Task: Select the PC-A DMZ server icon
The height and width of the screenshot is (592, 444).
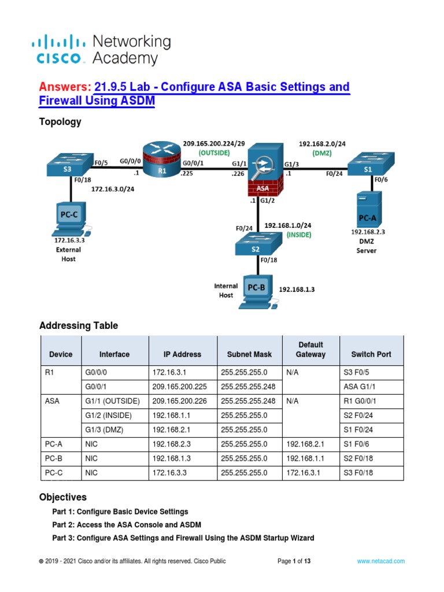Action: point(368,209)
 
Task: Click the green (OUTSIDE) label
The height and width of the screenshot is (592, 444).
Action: point(214,153)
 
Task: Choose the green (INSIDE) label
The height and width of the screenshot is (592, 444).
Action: point(299,235)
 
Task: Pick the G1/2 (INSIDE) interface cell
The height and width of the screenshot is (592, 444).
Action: point(108,415)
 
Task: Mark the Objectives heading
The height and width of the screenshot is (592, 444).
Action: point(63,497)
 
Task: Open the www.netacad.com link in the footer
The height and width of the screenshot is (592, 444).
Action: point(380,561)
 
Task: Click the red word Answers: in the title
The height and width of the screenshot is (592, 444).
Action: point(65,87)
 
